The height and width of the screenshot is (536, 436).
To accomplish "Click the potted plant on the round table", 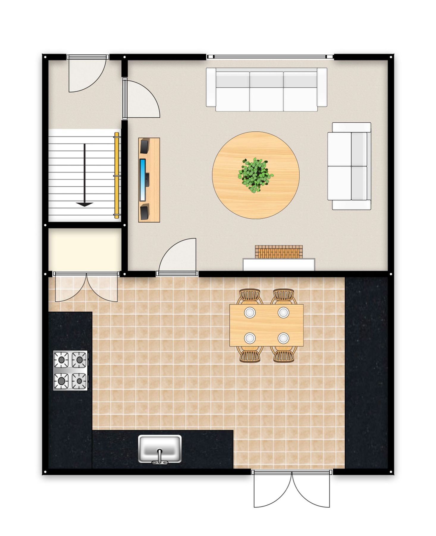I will pyautogui.click(x=255, y=175).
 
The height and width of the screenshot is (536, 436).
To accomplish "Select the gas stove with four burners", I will pyautogui.click(x=70, y=370).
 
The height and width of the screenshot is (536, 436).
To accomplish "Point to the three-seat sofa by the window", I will pyautogui.click(x=266, y=89).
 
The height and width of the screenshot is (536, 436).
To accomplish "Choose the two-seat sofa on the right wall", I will pyautogui.click(x=350, y=166).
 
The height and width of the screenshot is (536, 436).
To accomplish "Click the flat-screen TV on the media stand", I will pyautogui.click(x=143, y=180).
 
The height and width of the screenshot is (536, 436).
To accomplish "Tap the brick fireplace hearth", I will pyautogui.click(x=279, y=252).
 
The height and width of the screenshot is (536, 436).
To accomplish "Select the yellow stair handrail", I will pyautogui.click(x=117, y=176).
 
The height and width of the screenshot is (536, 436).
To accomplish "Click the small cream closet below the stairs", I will pyautogui.click(x=85, y=249).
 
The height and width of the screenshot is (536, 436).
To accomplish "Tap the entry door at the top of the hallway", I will pyautogui.click(x=87, y=73).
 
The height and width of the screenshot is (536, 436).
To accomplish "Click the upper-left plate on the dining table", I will pyautogui.click(x=250, y=312).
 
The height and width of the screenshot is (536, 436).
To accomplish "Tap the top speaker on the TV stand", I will pyautogui.click(x=145, y=146).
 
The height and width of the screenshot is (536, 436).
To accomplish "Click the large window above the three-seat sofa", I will pyautogui.click(x=270, y=57).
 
